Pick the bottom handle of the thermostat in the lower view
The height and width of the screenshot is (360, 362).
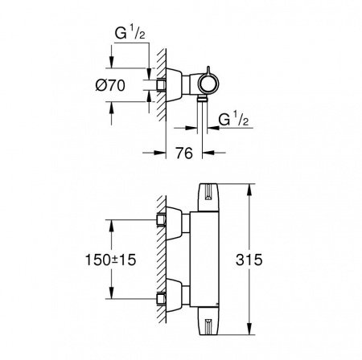211,325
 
